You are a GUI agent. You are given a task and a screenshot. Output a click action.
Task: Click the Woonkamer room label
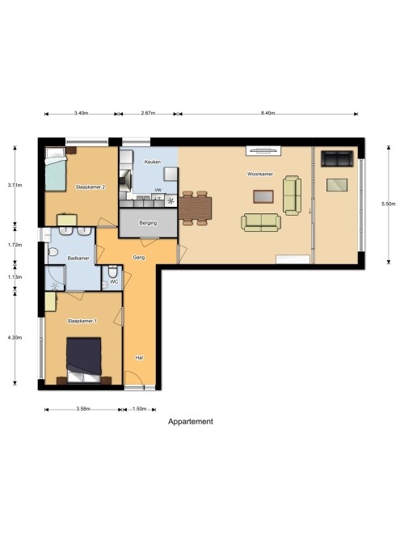pos(260,174)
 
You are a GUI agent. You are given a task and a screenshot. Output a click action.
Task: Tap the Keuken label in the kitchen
pos(153,162)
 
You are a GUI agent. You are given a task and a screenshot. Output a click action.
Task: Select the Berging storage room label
pos(148,223)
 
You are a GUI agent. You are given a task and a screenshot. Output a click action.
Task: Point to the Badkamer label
pos(78,258)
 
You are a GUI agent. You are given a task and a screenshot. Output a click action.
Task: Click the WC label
pos(114,281)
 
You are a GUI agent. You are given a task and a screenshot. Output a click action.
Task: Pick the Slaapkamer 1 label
pos(82,321)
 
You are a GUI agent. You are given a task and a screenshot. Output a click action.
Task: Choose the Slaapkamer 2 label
pos(90,187)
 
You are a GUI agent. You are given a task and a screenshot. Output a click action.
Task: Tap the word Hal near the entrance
pos(139,357)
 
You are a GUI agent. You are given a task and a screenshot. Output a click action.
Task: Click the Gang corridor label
pos(139,257)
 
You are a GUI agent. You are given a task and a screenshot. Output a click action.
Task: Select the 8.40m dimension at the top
pos(267,113)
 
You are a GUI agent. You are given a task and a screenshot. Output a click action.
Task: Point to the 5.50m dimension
pos(389,204)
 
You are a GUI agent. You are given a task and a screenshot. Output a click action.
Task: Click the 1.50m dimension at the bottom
pos(140,409)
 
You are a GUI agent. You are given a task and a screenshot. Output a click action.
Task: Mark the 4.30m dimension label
pos(15,338)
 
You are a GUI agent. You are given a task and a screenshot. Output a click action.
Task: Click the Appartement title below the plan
pos(191,422)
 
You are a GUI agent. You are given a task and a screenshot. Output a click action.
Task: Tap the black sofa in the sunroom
pos(337,158)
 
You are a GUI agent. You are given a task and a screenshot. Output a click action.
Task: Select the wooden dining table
pos(196,208)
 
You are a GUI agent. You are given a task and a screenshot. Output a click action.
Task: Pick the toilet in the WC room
pos(113,272)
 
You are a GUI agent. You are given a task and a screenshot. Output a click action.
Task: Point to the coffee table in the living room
pos(263,196)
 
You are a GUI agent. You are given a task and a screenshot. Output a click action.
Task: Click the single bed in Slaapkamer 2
pos(56,170)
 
